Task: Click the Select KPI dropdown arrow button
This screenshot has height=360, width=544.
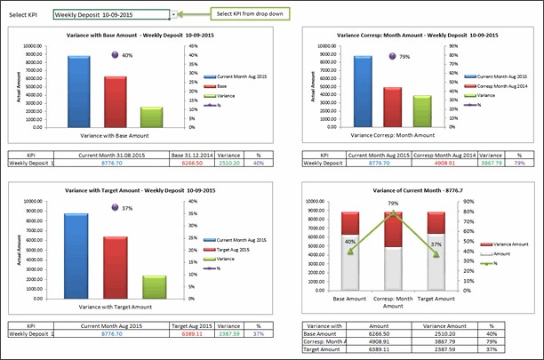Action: (174, 15)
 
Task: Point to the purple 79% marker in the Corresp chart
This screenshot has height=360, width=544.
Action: (392, 56)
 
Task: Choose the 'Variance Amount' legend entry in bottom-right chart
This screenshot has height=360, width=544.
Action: (512, 244)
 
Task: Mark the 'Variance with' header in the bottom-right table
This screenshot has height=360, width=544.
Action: (323, 325)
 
